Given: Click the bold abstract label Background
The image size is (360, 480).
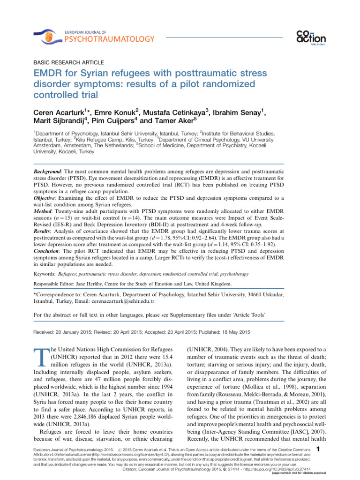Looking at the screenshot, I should [52, 167].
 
